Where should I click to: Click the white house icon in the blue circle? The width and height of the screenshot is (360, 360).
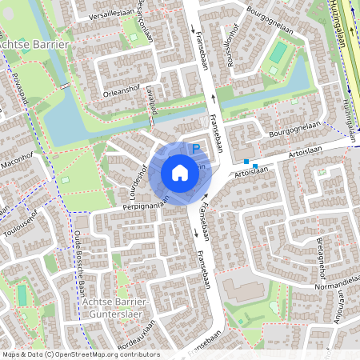[x=180, y=173]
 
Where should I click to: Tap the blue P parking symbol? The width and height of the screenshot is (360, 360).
[x=195, y=148]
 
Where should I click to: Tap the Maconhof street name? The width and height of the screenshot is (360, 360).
[x=23, y=162]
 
